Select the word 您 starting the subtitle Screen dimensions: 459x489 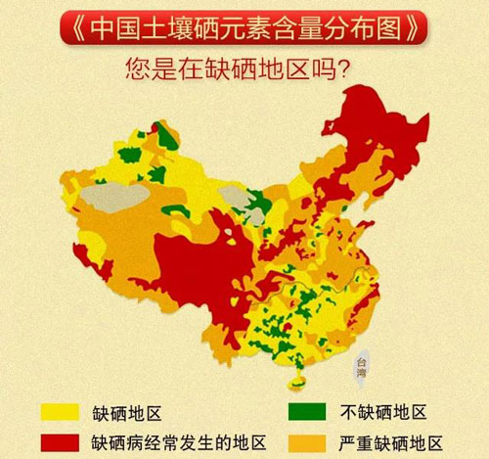click(137, 72)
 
